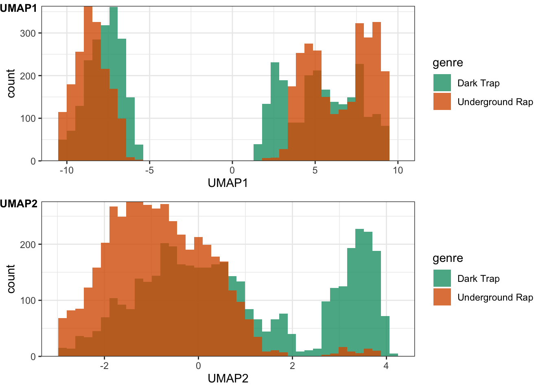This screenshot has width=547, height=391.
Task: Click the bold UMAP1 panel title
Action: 18,8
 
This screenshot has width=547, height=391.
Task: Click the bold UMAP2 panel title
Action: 18,204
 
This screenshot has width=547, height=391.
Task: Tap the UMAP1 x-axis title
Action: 228,183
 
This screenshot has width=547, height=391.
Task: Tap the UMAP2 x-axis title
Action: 228,379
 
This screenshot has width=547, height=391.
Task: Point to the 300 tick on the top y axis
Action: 28,33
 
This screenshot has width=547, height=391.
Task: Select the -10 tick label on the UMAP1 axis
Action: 66,170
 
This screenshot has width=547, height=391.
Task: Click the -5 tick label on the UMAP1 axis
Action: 149,170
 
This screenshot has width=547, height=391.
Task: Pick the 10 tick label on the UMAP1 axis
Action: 398,170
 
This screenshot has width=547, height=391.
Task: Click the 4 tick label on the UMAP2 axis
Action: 386,366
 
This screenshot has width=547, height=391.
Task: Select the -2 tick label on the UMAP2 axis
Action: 104,366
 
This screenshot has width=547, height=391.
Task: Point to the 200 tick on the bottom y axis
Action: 28,244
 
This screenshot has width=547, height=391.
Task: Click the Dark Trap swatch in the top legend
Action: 442,83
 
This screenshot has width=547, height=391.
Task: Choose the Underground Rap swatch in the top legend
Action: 442,102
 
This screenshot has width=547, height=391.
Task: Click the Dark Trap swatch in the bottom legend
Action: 442,279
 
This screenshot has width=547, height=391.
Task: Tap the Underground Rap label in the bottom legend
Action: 495,297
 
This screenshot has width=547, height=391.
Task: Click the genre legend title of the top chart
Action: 448,63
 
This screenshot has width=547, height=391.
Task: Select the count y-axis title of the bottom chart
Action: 11,279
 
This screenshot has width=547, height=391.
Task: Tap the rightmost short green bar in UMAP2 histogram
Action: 394,355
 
